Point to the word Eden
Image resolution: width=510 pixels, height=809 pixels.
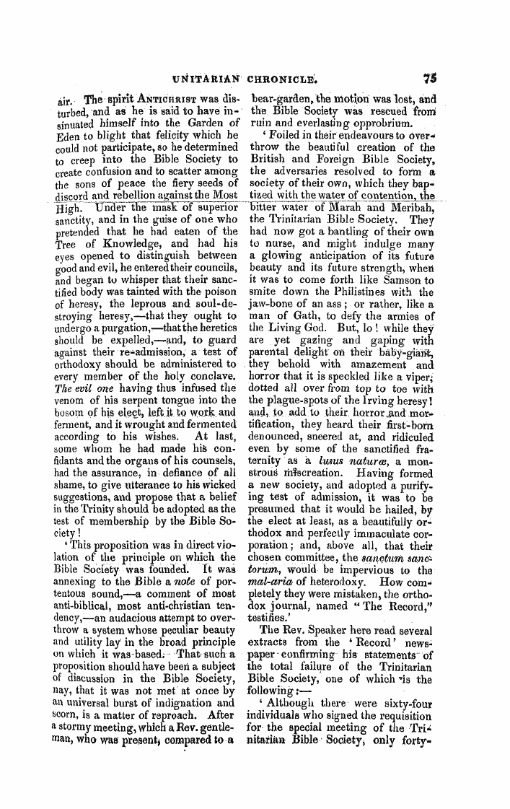click(67, 135)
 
